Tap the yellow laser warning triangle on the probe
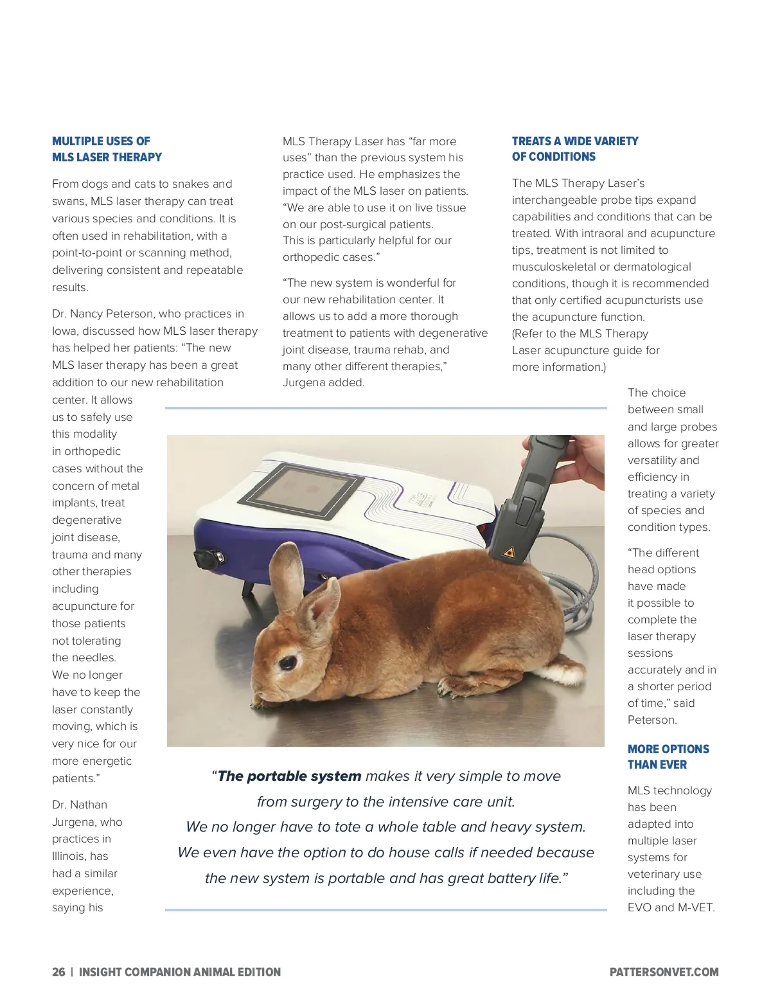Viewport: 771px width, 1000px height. tap(510, 551)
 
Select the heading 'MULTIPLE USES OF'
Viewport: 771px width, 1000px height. tap(101, 141)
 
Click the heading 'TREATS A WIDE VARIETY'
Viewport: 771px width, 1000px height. tap(575, 141)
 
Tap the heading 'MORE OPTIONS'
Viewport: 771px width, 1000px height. tap(668, 749)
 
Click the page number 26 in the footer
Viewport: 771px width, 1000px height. tap(58, 972)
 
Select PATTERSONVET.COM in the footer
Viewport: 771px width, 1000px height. tap(664, 972)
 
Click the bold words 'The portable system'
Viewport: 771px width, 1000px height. tap(289, 776)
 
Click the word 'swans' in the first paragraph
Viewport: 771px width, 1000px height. tap(67, 201)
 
